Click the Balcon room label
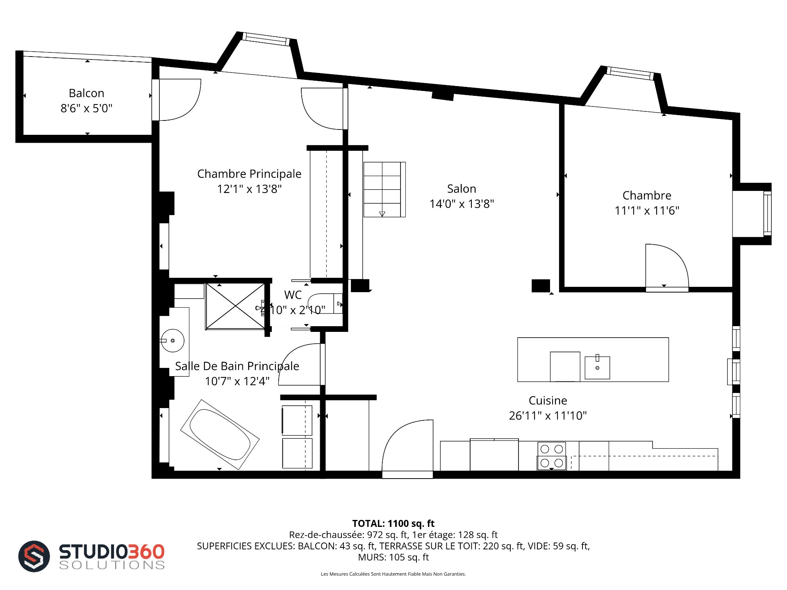[86, 93]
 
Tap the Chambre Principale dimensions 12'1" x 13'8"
[249, 189]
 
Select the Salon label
[462, 188]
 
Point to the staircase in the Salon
[384, 189]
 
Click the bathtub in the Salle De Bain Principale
[220, 434]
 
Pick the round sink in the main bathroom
[173, 340]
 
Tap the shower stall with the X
[235, 306]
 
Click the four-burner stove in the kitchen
[552, 456]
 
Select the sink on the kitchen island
[597, 367]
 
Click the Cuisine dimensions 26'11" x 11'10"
[548, 415]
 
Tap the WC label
[293, 295]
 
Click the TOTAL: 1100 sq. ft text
[393, 523]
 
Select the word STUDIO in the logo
[94, 551]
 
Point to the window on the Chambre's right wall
[767, 213]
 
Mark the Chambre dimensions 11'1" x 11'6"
[647, 211]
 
